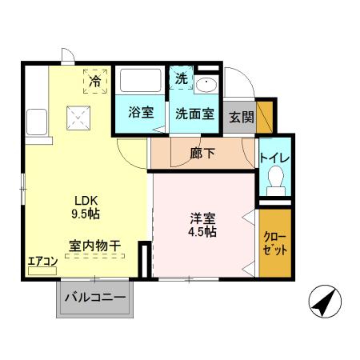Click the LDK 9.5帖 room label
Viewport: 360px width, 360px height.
tap(88, 206)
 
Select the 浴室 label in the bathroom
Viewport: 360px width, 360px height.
tap(141, 113)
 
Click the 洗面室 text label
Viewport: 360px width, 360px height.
tap(194, 113)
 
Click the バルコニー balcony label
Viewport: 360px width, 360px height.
tap(94, 298)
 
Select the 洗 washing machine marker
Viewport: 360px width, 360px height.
tap(182, 80)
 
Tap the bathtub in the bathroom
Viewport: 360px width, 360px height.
tap(140, 82)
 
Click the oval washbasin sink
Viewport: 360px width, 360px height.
tap(206, 86)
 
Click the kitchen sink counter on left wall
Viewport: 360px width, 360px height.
tap(38, 123)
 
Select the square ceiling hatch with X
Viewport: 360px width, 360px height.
tap(78, 118)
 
